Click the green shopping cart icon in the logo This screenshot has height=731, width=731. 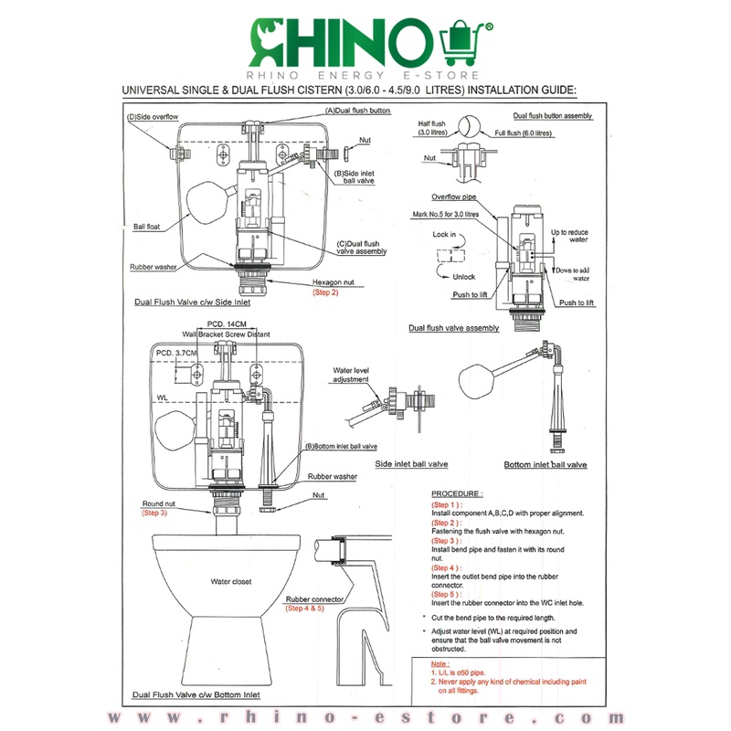tap(461, 42)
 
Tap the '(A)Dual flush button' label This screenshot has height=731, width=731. tap(357, 111)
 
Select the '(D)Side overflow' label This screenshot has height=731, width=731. tap(153, 117)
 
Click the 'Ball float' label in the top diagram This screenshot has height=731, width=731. tap(146, 227)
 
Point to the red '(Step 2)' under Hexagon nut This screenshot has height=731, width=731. tap(325, 292)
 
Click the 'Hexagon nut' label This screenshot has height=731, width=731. tap(333, 282)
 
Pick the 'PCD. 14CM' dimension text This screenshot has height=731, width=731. tap(227, 324)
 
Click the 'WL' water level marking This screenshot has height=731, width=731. tap(162, 397)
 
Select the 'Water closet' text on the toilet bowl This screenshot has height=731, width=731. tap(231, 581)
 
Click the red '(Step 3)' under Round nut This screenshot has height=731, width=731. tap(154, 513)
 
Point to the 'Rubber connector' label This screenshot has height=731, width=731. tap(314, 599)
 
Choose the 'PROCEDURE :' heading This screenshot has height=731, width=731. tap(457, 493)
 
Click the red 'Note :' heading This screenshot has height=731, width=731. tap(440, 664)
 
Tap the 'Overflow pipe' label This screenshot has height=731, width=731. tap(453, 196)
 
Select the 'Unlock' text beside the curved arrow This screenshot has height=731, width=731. tap(464, 277)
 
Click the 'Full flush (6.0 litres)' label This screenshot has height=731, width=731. tap(523, 133)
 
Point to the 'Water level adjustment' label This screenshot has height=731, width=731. tap(351, 375)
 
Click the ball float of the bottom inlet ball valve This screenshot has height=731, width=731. tap(476, 381)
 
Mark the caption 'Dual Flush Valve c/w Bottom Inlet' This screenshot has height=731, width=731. tap(196, 694)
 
